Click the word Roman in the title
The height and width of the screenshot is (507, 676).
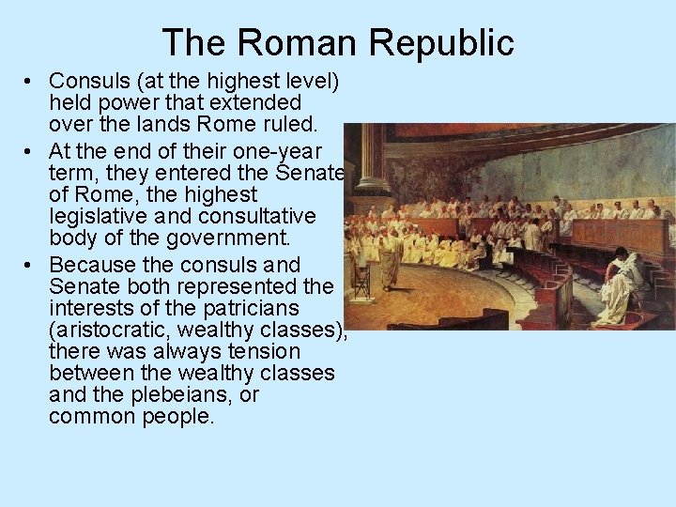pos(300,42)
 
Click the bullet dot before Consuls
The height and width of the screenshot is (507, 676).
pos(31,81)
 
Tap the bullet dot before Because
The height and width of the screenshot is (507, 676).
pos(31,266)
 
